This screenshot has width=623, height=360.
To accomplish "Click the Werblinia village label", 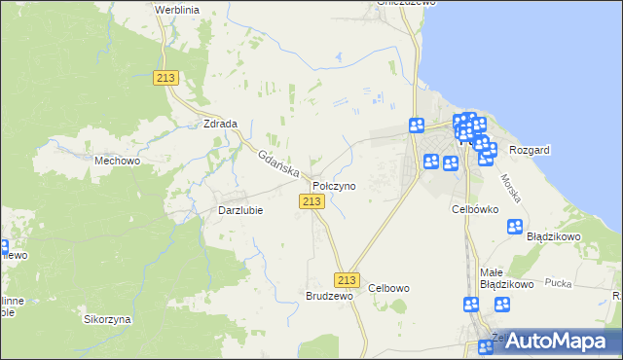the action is coord(177,9).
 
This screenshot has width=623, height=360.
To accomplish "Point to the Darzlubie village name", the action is coord(239,209).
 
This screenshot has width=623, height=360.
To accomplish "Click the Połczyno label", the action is coord(334,185).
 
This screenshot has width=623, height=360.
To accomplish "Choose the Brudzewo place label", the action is coord(328,295).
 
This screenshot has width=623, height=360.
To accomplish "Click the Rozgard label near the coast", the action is coord(530,150).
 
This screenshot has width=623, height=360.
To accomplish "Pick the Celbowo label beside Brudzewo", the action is coord(389,288).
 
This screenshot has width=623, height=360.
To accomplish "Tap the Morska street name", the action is coord(511,188).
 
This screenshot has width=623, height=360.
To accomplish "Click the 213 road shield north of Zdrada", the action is coord(165,78).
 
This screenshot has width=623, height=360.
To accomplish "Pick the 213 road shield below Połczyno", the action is coord(311,200).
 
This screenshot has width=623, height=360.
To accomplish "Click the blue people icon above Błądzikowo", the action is coord(515,227).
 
